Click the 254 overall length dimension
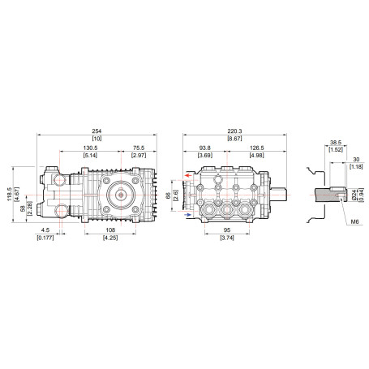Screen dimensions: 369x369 (97, 131)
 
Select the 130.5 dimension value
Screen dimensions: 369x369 (90, 148)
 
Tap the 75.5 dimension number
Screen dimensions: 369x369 (139, 148)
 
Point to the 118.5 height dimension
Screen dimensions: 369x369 (10, 194)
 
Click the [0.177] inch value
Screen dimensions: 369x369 (45, 238)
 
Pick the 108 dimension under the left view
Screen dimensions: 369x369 (110, 230)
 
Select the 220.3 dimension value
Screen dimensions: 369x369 (234, 131)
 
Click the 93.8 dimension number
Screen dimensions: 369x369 (205, 148)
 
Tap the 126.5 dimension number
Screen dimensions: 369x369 (256, 148)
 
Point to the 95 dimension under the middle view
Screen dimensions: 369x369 (227, 230)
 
